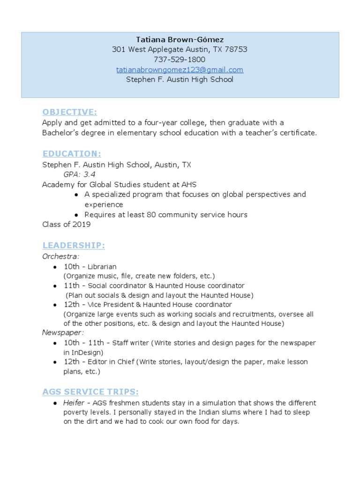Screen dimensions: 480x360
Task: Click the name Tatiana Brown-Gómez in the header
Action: [x=180, y=39]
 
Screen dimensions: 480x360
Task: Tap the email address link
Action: [x=180, y=70]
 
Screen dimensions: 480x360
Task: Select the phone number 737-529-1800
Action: [x=180, y=60]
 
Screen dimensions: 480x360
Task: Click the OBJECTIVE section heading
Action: [x=69, y=112]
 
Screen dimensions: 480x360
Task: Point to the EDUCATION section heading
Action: [x=72, y=154]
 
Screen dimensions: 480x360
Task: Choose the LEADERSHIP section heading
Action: [x=74, y=245]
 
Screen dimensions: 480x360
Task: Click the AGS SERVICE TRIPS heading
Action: [x=90, y=392]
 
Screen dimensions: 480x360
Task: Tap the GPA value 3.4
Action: [x=89, y=174]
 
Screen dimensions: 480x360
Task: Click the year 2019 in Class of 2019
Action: [x=82, y=224]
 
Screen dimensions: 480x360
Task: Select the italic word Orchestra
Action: [x=60, y=256]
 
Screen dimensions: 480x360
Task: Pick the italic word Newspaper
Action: [x=63, y=332]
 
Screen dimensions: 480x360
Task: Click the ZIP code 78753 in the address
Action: [x=237, y=49]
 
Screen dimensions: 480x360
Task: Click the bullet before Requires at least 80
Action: [x=76, y=215]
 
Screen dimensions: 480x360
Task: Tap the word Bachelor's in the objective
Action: [x=59, y=133]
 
